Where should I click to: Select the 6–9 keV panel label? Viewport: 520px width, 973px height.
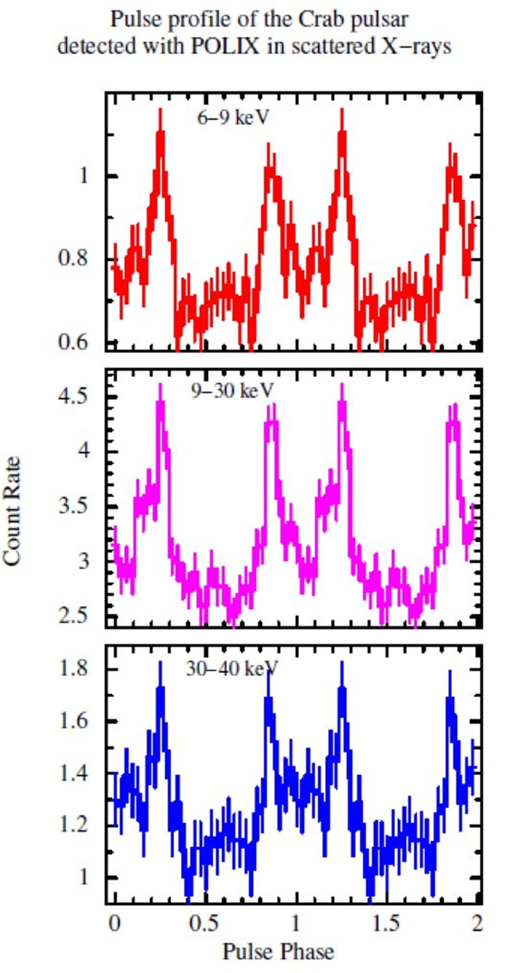233,118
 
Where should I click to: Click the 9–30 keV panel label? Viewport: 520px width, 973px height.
231,391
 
